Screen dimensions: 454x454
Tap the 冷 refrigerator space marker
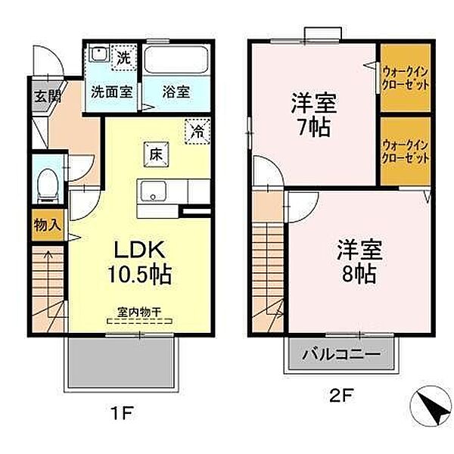pyautogui.click(x=197, y=132)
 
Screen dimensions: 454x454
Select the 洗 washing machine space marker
pyautogui.click(x=123, y=58)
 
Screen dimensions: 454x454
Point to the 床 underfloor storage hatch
pyautogui.click(x=156, y=155)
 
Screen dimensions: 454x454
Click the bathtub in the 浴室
pyautogui.click(x=176, y=60)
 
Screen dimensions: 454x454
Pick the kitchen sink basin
pyautogui.click(x=153, y=191)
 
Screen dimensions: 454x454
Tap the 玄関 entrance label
pyautogui.click(x=48, y=96)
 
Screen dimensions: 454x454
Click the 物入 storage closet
pyautogui.click(x=48, y=225)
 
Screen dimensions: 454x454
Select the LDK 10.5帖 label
pyautogui.click(x=140, y=262)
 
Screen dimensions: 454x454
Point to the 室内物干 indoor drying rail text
pyautogui.click(x=139, y=312)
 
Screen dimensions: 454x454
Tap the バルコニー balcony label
pyautogui.click(x=340, y=354)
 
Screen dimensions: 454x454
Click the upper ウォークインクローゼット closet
pyautogui.click(x=406, y=78)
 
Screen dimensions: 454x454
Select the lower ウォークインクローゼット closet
pyautogui.click(x=406, y=151)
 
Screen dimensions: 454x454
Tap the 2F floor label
pyautogui.click(x=342, y=396)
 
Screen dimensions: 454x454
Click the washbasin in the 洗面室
pyautogui.click(x=99, y=53)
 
